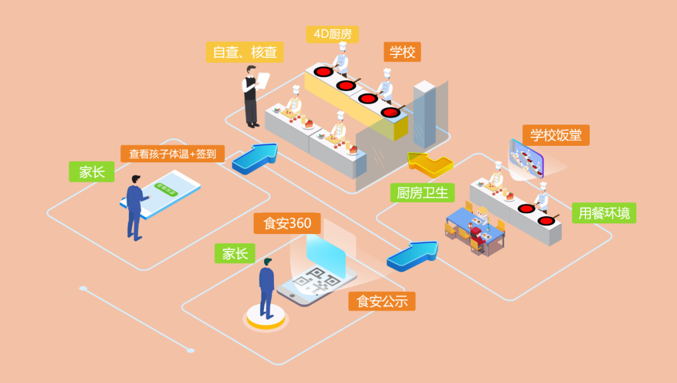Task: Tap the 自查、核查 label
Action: pyautogui.click(x=244, y=52)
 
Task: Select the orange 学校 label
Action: pyautogui.click(x=402, y=52)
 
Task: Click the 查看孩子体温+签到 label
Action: pyautogui.click(x=172, y=153)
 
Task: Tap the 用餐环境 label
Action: pyautogui.click(x=604, y=213)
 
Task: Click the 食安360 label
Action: pyautogui.click(x=287, y=223)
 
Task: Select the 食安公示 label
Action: pyautogui.click(x=382, y=301)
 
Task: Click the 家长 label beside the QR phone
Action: pyautogui.click(x=234, y=253)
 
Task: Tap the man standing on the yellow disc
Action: pyautogui.click(x=266, y=289)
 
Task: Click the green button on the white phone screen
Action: pyautogui.click(x=165, y=188)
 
